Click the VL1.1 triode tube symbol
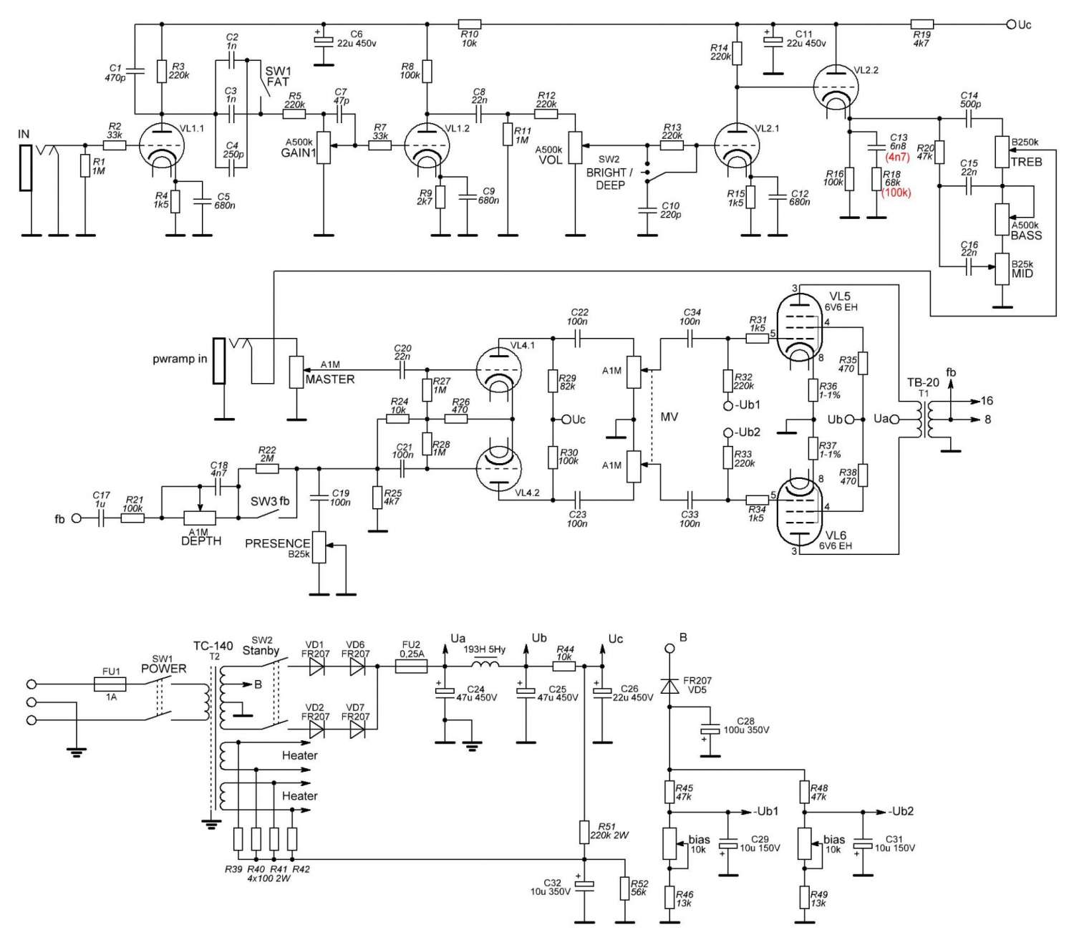point(160,145)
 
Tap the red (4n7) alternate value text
point(897,157)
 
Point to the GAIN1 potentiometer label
point(299,152)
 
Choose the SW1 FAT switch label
point(278,77)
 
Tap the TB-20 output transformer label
point(923,382)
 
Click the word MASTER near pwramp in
point(330,379)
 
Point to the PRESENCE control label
point(277,543)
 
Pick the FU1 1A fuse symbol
point(111,684)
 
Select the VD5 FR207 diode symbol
point(669,687)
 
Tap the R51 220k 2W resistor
point(584,832)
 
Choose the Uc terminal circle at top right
point(1011,24)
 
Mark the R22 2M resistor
point(267,469)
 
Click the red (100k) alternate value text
point(897,193)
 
